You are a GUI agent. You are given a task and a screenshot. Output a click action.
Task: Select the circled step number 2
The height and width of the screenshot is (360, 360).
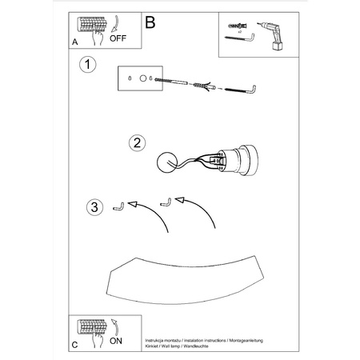[138, 143]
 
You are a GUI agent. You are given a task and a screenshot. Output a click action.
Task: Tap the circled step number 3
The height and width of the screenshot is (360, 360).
[94, 208]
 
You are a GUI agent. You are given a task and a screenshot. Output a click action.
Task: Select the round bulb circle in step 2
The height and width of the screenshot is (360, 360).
[167, 161]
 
